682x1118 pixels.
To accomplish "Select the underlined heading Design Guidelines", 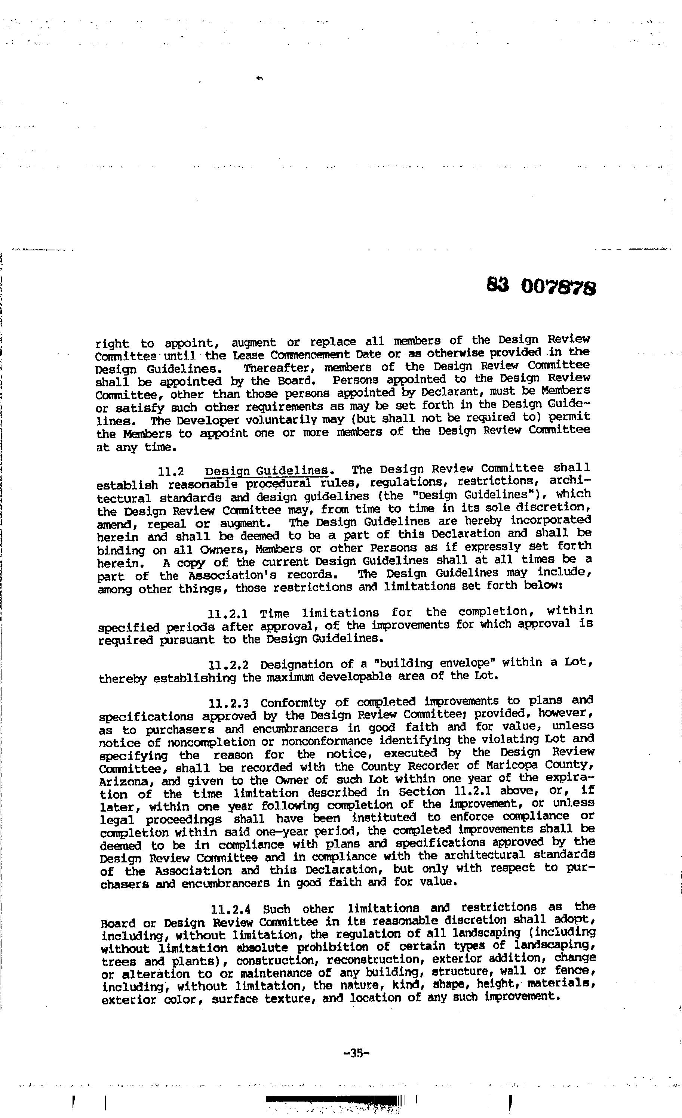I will (x=267, y=470).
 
